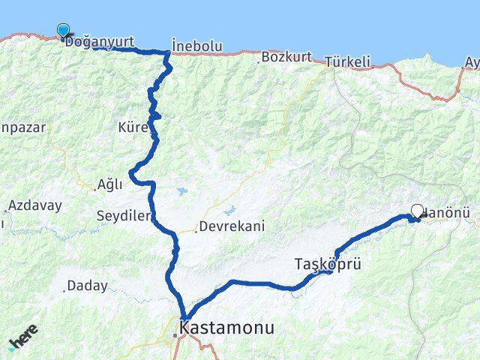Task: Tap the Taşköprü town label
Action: click(x=324, y=263)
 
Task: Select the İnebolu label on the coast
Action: click(x=196, y=46)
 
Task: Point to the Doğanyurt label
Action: click(x=100, y=43)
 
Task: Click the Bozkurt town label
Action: click(x=283, y=56)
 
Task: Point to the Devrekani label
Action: click(x=232, y=226)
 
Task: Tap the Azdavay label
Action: click(x=30, y=204)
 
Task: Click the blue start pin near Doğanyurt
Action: click(x=63, y=31)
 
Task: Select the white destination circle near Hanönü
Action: click(x=417, y=211)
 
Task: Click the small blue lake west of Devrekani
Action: click(x=182, y=190)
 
